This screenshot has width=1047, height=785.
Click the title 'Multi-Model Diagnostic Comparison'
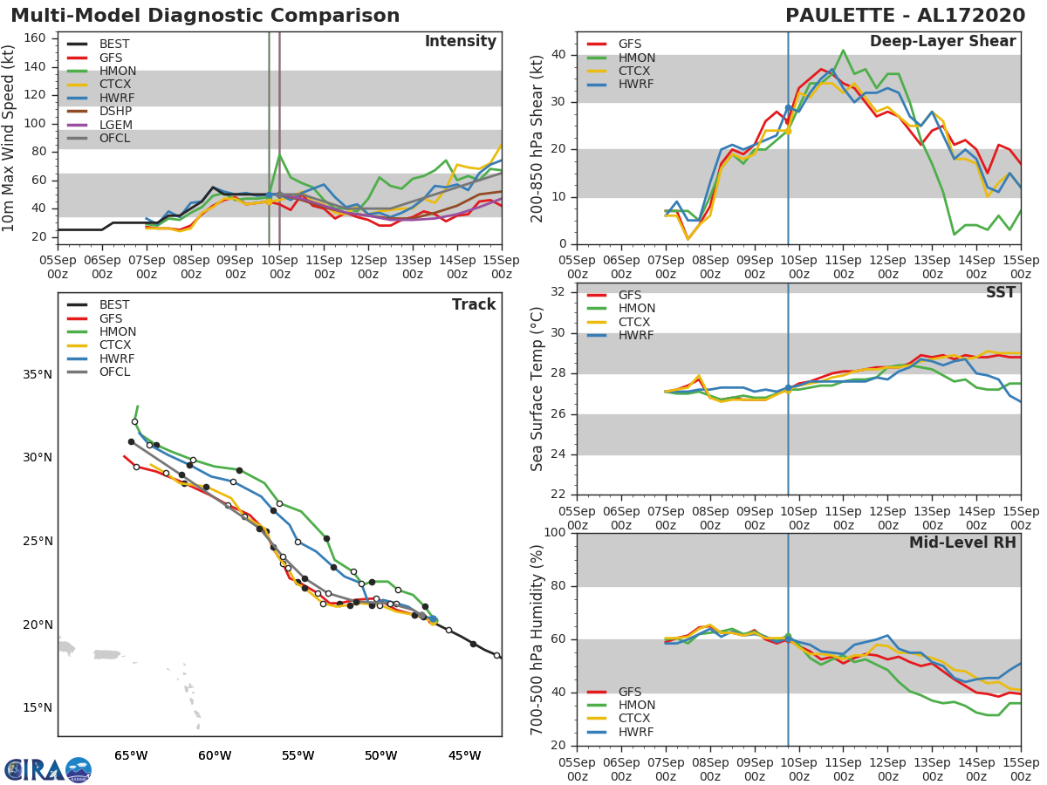tap(205, 16)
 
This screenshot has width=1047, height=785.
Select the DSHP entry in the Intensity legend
tap(116, 112)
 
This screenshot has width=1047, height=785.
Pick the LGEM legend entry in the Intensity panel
tap(116, 126)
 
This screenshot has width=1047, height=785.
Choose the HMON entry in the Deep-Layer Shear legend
tap(637, 58)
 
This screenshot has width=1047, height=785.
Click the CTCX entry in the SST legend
tap(637, 322)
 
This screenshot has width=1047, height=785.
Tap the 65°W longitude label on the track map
tap(131, 755)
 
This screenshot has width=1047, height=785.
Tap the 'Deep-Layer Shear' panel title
tap(942, 42)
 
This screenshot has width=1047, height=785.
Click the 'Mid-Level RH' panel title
tap(962, 543)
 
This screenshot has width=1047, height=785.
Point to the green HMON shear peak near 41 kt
tap(843, 50)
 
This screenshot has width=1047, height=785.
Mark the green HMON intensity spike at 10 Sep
tap(279, 154)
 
